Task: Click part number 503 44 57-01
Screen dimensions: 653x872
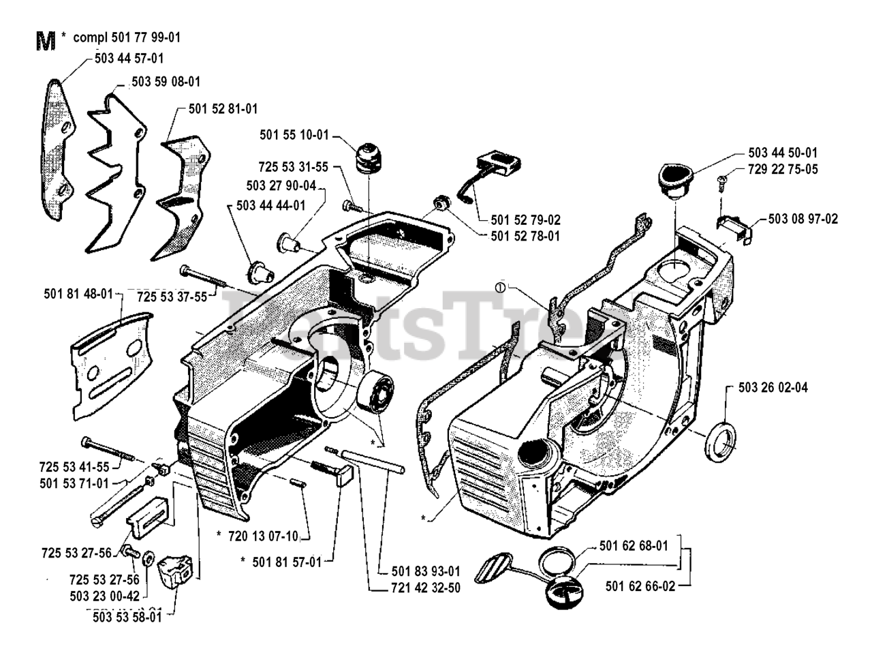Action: pyautogui.click(x=127, y=59)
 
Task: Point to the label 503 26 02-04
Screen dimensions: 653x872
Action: pyautogui.click(x=773, y=388)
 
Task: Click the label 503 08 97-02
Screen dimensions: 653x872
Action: pyautogui.click(x=803, y=219)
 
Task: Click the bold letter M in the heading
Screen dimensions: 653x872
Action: pyautogui.click(x=45, y=42)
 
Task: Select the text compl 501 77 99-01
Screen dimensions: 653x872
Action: pyautogui.click(x=125, y=37)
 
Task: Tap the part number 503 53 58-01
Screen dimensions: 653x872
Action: pyautogui.click(x=127, y=617)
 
